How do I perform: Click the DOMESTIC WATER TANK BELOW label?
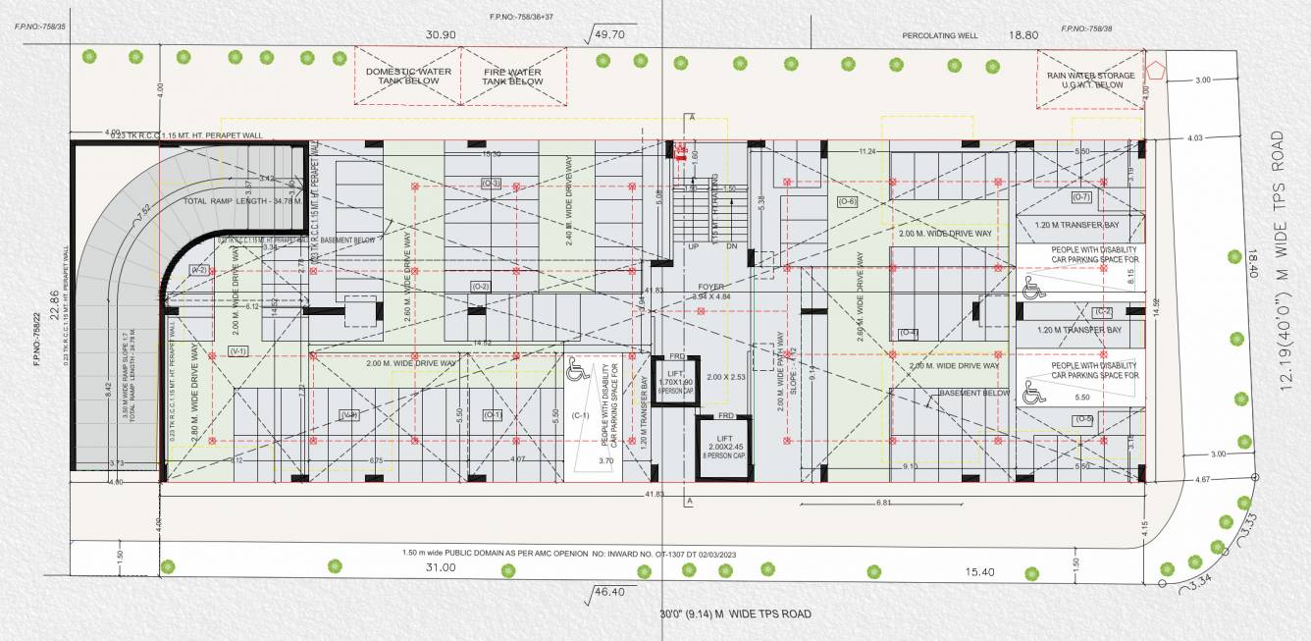pyautogui.click(x=408, y=77)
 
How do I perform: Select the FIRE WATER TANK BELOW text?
pyautogui.click(x=512, y=77)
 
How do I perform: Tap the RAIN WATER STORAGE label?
pyautogui.click(x=1090, y=80)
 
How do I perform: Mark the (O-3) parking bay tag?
pyautogui.click(x=492, y=183)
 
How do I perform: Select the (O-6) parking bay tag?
pyautogui.click(x=848, y=201)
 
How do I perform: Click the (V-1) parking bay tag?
pyautogui.click(x=237, y=350)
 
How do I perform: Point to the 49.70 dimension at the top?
pyautogui.click(x=609, y=34)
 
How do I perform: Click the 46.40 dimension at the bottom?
pyautogui.click(x=609, y=593)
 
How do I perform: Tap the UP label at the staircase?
pyautogui.click(x=693, y=247)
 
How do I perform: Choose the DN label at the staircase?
pyautogui.click(x=731, y=247)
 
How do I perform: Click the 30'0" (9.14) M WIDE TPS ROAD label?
pyautogui.click(x=736, y=614)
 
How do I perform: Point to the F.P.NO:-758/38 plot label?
pyautogui.click(x=1086, y=29)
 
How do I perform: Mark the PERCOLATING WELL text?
pyautogui.click(x=940, y=35)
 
